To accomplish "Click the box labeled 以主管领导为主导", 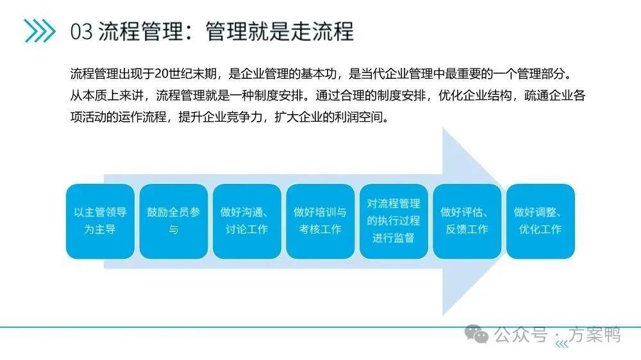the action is pos(100,221).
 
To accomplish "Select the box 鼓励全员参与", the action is pos(173,221).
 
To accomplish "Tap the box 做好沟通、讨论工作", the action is pos(247,221).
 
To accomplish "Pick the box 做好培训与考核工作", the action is pos(320,221).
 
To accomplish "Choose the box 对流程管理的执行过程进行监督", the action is pos(394,221).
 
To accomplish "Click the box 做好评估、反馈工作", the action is pos(467,221).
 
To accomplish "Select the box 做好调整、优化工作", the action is pos(540,221).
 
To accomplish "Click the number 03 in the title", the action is pos(81,31).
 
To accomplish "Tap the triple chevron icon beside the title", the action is pos(39,31).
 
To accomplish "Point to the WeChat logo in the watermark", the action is pos(476,334).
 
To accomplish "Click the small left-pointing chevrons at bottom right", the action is pos(562,344).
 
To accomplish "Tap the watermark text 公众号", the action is pos(520,334).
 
